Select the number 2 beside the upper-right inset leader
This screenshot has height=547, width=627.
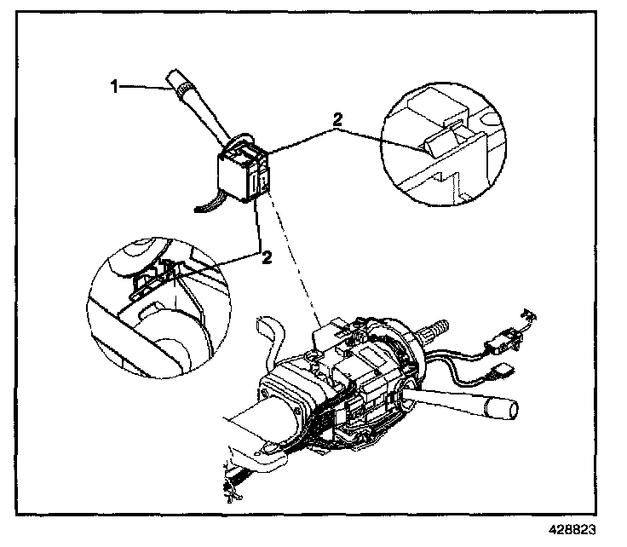coord(338,121)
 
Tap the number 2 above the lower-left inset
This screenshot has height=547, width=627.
coord(267,257)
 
